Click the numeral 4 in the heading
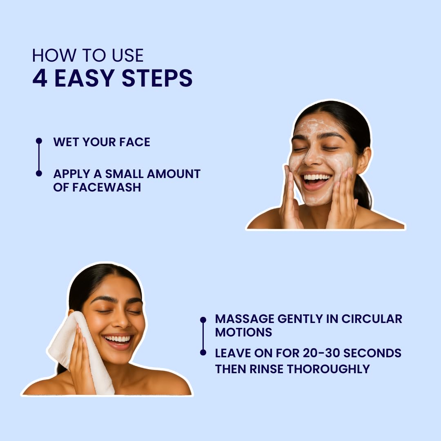tap(40, 78)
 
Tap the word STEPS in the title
tap(157, 78)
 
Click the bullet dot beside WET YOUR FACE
tap(39, 140)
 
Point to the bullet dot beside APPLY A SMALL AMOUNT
tap(39, 174)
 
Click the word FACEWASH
tap(107, 187)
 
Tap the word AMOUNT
tap(174, 174)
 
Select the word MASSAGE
tap(245, 319)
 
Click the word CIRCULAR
tap(372, 319)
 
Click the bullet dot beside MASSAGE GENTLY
tap(203, 320)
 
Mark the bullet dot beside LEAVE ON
tap(203, 352)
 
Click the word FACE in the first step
tap(135, 142)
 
